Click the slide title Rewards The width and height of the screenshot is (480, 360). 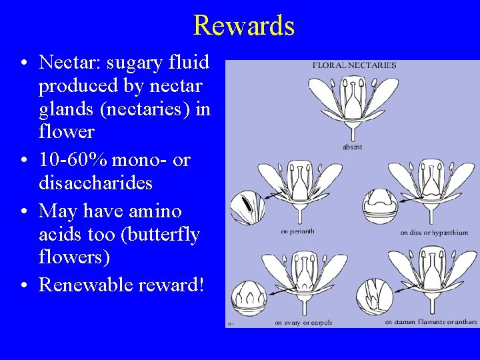(x=243, y=25)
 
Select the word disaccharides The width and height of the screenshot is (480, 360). (x=95, y=183)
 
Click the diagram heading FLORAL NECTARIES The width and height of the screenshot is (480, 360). (x=354, y=65)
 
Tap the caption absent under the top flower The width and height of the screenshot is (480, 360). (x=353, y=146)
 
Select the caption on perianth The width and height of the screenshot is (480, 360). (x=297, y=232)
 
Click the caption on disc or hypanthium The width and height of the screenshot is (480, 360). (x=434, y=233)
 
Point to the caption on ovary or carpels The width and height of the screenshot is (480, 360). (x=303, y=323)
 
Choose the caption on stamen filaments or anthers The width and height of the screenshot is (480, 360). (x=431, y=322)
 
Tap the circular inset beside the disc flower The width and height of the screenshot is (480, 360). (x=380, y=205)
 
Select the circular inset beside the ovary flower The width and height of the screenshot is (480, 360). (x=249, y=296)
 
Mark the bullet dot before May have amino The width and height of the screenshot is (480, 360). (x=23, y=212)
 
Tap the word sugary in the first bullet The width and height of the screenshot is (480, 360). (x=131, y=62)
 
